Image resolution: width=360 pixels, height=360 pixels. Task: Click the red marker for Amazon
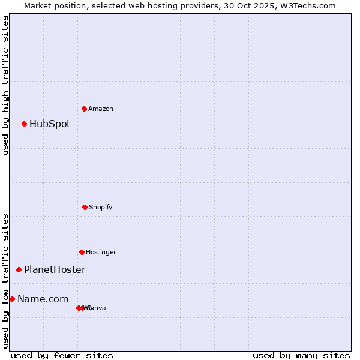point(84,109)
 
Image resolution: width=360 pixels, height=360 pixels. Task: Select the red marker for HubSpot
point(24,124)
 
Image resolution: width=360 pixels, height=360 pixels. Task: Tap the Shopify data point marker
point(85,207)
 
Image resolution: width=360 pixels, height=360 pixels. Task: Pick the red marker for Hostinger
point(82,252)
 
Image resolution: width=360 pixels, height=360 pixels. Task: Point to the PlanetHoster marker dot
point(19,269)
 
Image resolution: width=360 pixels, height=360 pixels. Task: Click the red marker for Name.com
point(12,299)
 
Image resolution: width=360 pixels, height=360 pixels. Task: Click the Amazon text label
point(101,109)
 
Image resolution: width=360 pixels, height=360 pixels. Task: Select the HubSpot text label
point(50,124)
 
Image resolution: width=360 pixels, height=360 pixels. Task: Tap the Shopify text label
point(101,207)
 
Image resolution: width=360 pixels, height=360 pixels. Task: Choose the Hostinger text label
point(101,252)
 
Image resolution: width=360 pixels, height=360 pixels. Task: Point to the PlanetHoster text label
point(55,270)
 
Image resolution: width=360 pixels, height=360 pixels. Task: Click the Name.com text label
point(43,299)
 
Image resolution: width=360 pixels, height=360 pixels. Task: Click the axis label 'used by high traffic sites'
point(6,85)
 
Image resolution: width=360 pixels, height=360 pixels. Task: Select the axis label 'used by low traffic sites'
point(6,281)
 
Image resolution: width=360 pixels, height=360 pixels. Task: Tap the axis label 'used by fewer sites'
point(62,355)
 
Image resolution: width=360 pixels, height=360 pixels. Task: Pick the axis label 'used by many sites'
point(301,355)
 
